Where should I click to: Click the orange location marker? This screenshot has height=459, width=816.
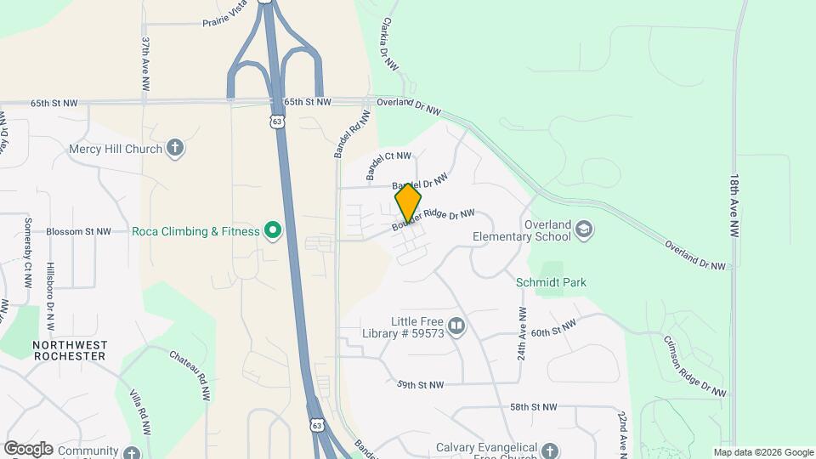point(408,202)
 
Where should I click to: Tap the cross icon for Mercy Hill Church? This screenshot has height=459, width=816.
point(175,148)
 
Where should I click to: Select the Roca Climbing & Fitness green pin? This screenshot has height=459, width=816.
point(273,231)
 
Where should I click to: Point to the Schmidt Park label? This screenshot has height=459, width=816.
point(551,282)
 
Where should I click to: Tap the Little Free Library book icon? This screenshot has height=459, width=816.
point(456,326)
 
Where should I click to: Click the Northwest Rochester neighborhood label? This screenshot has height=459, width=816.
point(70,350)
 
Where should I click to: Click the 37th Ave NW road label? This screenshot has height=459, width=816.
point(146,65)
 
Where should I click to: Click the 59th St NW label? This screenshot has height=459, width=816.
point(420,385)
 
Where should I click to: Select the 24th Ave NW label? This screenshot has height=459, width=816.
point(521,332)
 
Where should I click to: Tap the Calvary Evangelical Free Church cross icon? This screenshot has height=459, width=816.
point(550,450)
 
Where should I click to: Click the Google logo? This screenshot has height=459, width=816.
point(27,449)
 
